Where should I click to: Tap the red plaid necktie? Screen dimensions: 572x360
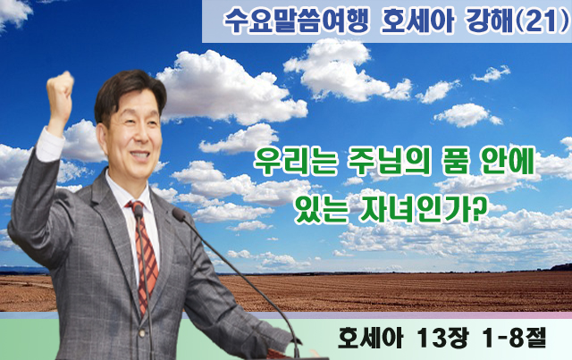(x=145, y=255)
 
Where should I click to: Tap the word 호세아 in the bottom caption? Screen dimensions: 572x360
(x=370, y=339)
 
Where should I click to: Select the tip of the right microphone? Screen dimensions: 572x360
(x=178, y=213)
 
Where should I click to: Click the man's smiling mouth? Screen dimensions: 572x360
(x=140, y=155)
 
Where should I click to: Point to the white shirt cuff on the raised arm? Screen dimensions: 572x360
(x=50, y=145)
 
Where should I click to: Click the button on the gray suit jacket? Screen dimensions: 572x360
(x=141, y=332)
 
